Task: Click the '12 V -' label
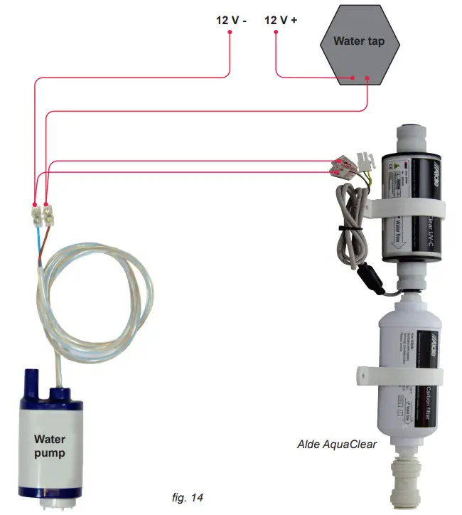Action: coord(230,21)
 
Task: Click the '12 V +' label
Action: coord(281,21)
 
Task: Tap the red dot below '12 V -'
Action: coord(230,33)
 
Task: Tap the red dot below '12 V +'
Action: coord(275,33)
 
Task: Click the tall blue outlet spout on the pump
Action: coord(31,381)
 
